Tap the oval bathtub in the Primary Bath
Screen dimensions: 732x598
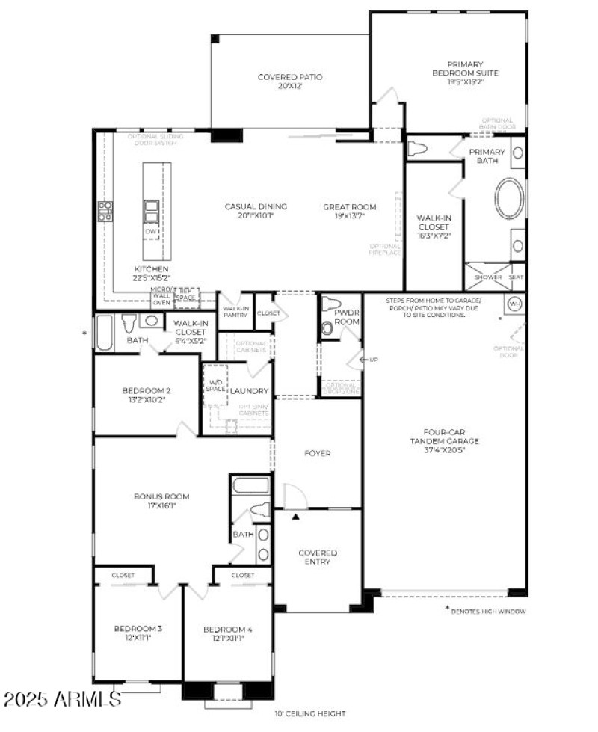click(509, 198)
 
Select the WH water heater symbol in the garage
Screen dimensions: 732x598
click(514, 304)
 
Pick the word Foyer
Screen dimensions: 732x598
click(317, 453)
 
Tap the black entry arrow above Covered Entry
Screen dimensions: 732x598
click(296, 517)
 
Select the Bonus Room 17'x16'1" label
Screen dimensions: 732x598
click(161, 500)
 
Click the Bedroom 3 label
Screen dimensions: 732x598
click(138, 633)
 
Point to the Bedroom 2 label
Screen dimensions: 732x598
click(147, 394)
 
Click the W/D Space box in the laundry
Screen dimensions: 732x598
click(215, 385)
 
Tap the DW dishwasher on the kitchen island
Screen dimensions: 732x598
click(151, 231)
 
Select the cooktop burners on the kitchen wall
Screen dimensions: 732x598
click(105, 212)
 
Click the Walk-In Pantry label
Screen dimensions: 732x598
click(235, 311)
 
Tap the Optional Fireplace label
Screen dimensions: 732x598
click(386, 249)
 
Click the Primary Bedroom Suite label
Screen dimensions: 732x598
click(465, 73)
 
